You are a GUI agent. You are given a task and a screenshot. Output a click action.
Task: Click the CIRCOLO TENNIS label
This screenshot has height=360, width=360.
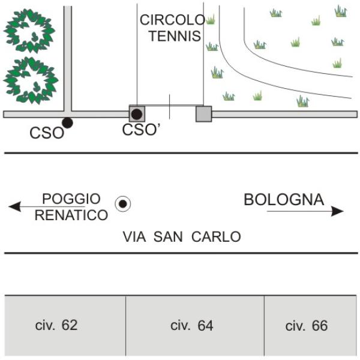tap(173, 28)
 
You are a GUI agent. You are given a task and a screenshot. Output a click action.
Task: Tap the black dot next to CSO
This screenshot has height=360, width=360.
tap(67, 123)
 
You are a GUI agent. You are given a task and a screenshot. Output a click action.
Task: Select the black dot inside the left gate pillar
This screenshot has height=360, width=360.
tap(137, 114)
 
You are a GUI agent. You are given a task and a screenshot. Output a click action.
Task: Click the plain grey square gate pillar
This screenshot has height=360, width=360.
tap(203, 114)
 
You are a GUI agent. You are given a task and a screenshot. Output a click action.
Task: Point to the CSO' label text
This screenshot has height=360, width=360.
tap(141, 130)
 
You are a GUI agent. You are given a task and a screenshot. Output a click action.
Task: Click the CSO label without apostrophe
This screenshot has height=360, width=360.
tap(47, 133)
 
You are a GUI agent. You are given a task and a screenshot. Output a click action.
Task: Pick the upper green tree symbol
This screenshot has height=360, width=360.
tap(29, 31)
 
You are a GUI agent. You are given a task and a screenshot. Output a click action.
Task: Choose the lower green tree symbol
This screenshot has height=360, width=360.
tap(31, 80)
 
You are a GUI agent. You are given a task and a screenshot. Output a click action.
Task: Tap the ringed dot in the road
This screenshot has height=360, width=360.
tap(123, 203)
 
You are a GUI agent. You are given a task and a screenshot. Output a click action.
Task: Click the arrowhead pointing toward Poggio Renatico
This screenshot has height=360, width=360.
tap(14, 206)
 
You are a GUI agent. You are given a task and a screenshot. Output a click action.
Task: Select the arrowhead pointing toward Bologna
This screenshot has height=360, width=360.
tap(337, 211)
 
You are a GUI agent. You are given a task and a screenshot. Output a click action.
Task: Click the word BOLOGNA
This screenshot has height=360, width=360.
tap(284, 200)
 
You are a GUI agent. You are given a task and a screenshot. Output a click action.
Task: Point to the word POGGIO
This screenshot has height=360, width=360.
tap(71, 199)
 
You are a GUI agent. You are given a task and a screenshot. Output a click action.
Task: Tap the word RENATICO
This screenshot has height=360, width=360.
tap(71, 215)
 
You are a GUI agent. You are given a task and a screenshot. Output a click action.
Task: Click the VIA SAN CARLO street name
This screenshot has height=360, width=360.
tap(182, 237)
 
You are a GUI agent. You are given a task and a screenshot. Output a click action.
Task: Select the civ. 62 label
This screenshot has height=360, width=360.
tap(56, 325)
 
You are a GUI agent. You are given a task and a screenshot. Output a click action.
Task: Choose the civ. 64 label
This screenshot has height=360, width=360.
tap(192, 326)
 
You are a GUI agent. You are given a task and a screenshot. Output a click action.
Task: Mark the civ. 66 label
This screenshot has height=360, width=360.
tap(307, 326)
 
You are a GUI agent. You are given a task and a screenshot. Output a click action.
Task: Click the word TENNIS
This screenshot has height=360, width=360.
tap(175, 36)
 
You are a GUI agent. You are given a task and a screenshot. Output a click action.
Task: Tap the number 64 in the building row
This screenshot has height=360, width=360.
tap(205, 326)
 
